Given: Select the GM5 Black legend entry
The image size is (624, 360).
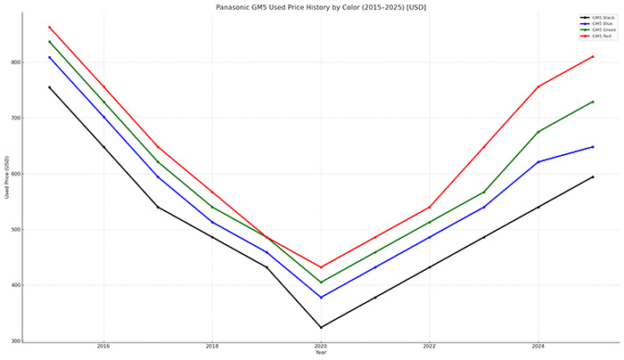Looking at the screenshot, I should [600, 17].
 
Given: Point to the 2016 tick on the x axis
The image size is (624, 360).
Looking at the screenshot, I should [103, 346].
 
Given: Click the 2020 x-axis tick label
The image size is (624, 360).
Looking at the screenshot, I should [321, 346].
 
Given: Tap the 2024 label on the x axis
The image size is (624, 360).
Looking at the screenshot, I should [538, 346].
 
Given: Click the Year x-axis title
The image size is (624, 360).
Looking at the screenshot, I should [321, 352].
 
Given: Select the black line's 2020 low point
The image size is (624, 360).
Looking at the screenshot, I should [321, 327].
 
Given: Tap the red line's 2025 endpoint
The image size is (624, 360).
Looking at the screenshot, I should [593, 56].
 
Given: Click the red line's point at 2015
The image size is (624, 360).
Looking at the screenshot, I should [49, 27].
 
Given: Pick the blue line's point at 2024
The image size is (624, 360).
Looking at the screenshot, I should [538, 161].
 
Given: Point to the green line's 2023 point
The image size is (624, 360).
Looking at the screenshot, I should [484, 192].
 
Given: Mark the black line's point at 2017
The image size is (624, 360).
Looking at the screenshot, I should [158, 207].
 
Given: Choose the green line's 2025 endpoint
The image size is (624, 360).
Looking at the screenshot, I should [593, 102].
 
